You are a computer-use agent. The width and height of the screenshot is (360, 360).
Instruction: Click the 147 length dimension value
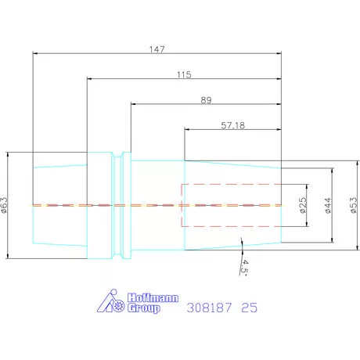[x=157, y=49]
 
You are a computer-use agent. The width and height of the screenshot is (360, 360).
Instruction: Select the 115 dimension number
[x=184, y=74]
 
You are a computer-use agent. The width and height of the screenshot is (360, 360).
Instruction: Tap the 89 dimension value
[x=206, y=100]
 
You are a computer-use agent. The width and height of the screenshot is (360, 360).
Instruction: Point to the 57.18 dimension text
[x=233, y=125]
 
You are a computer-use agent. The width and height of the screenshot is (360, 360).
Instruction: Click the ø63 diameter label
[x=4, y=205]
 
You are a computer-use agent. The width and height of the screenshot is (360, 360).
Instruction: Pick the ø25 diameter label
[x=303, y=205]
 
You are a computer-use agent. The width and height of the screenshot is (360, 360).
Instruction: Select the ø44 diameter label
[x=328, y=206]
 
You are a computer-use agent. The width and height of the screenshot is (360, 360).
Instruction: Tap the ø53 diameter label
[x=354, y=205]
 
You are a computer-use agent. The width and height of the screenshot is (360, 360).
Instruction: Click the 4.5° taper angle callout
[x=244, y=267]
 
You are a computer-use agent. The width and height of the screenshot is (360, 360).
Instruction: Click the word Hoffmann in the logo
[x=153, y=298]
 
